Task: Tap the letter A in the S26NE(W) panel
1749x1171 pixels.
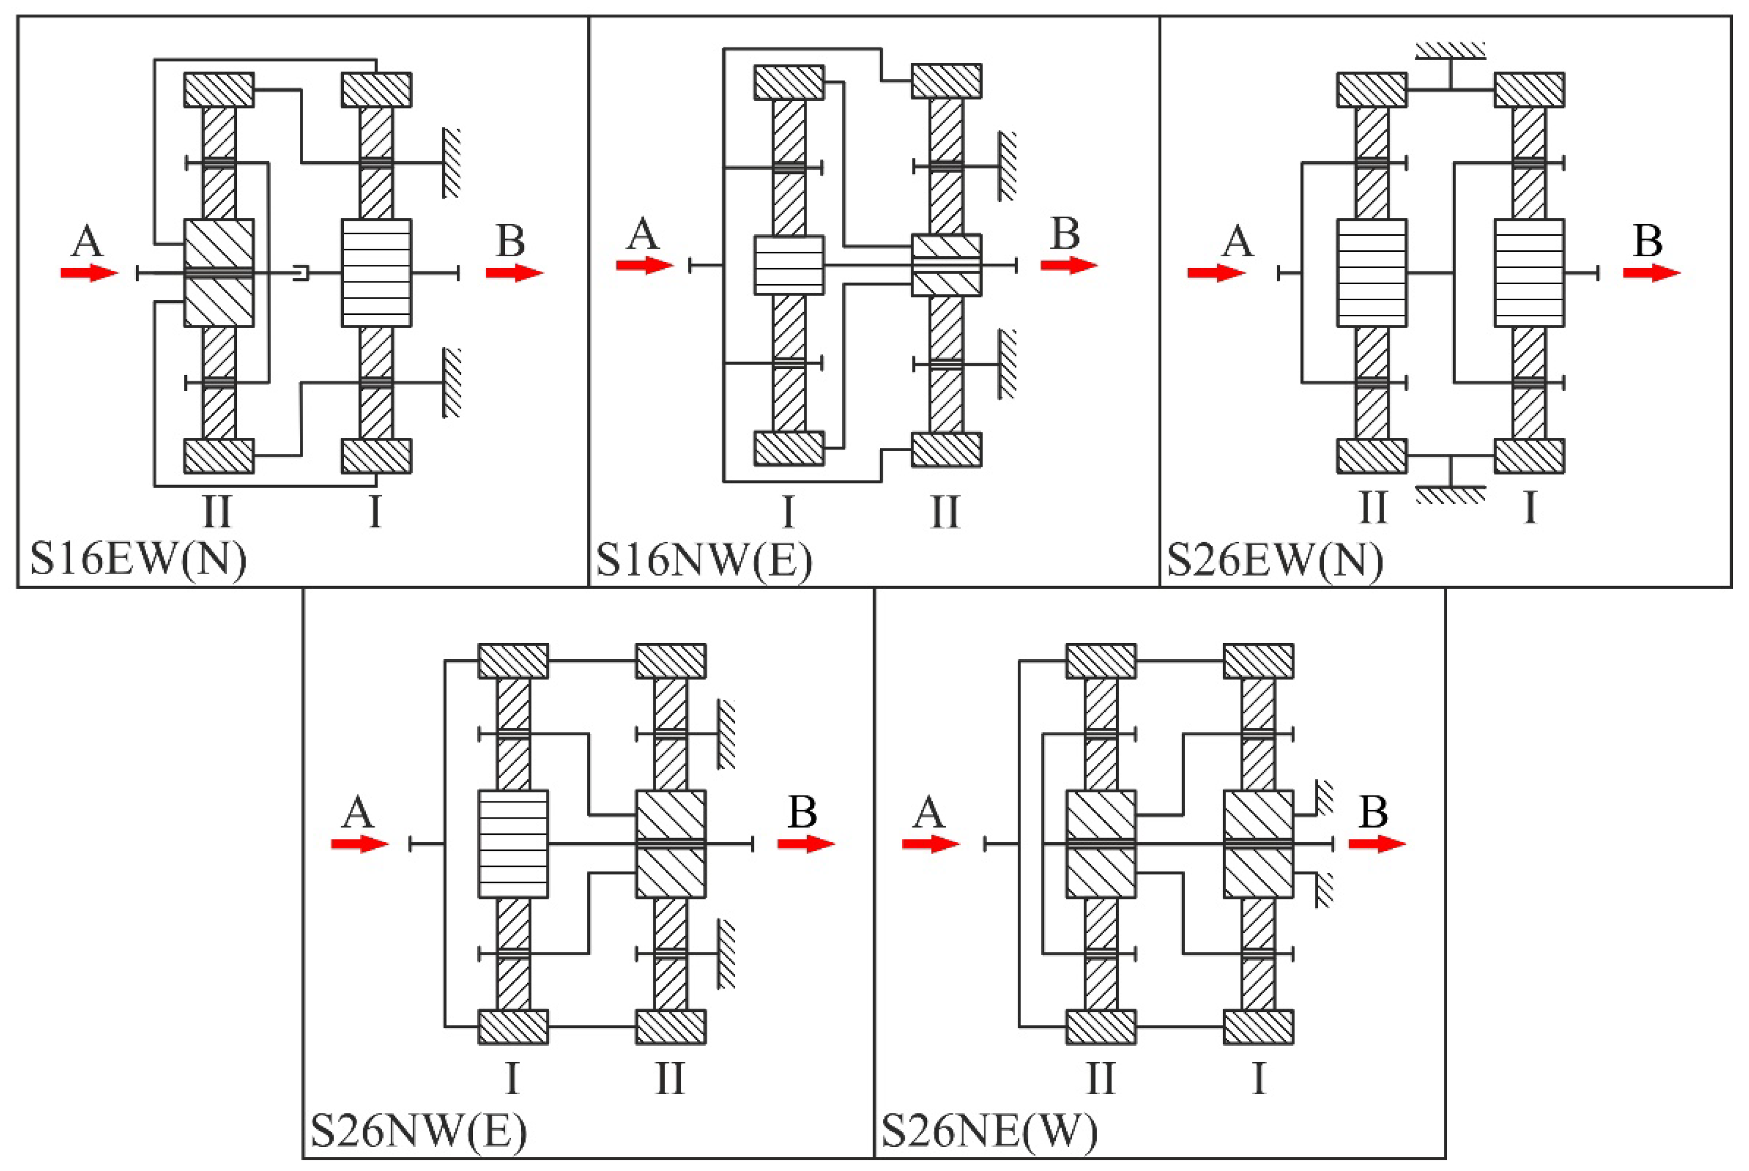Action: coord(929,812)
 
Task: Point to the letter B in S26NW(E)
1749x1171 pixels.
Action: coord(802,812)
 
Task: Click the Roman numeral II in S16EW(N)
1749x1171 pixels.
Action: coord(217,511)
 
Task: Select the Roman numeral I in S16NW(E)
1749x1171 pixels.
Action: coord(788,511)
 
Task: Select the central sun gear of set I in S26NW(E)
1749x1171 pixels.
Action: coord(513,844)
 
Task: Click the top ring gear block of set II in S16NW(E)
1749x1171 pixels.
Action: coord(946,81)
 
